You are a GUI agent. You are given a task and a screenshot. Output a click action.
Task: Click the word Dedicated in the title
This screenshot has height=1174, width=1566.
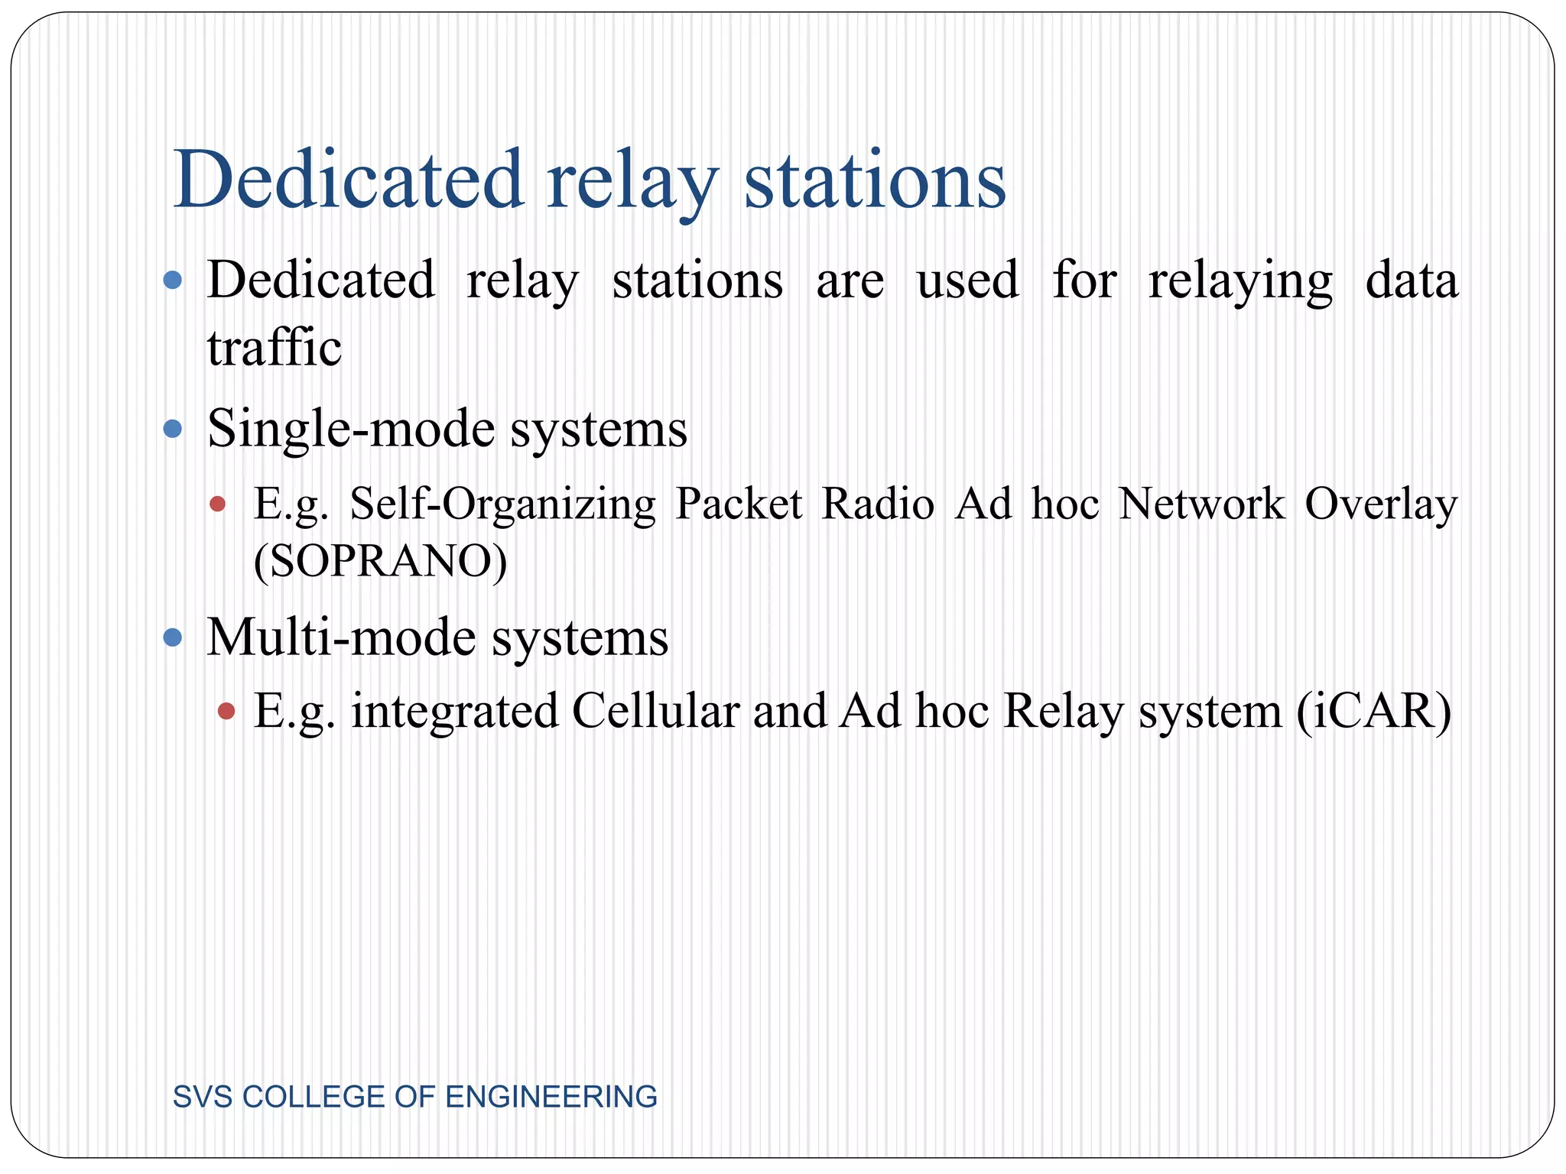click(349, 180)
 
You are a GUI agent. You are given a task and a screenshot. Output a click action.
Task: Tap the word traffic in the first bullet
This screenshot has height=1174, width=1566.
click(274, 348)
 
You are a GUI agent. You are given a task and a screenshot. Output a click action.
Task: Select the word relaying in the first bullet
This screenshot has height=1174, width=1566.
click(1240, 281)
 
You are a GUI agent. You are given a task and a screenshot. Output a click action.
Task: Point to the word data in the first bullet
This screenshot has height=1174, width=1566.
click(1412, 280)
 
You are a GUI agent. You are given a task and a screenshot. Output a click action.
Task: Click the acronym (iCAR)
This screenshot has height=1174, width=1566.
click(1373, 711)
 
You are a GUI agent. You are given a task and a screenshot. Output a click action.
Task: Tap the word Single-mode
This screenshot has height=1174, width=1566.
click(349, 428)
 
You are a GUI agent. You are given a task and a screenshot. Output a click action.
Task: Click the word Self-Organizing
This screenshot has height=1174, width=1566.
click(502, 504)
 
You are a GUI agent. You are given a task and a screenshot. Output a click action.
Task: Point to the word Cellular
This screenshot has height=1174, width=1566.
click(656, 711)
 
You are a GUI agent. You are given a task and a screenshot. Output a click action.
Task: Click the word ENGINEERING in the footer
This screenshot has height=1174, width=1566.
click(551, 1097)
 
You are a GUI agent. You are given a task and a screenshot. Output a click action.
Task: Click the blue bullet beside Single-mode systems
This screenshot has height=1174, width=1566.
click(173, 429)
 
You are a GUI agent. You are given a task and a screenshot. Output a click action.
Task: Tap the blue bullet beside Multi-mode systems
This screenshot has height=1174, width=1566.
click(173, 637)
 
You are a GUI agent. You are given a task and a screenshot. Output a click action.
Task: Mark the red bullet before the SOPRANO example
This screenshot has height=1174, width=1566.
click(218, 504)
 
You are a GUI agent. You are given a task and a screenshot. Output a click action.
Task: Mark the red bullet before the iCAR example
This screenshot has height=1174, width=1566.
click(226, 712)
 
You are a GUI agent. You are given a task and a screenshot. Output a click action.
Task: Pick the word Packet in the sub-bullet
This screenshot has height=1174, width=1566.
click(738, 504)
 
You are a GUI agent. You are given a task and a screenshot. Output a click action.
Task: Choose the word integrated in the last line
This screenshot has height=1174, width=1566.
click(454, 711)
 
